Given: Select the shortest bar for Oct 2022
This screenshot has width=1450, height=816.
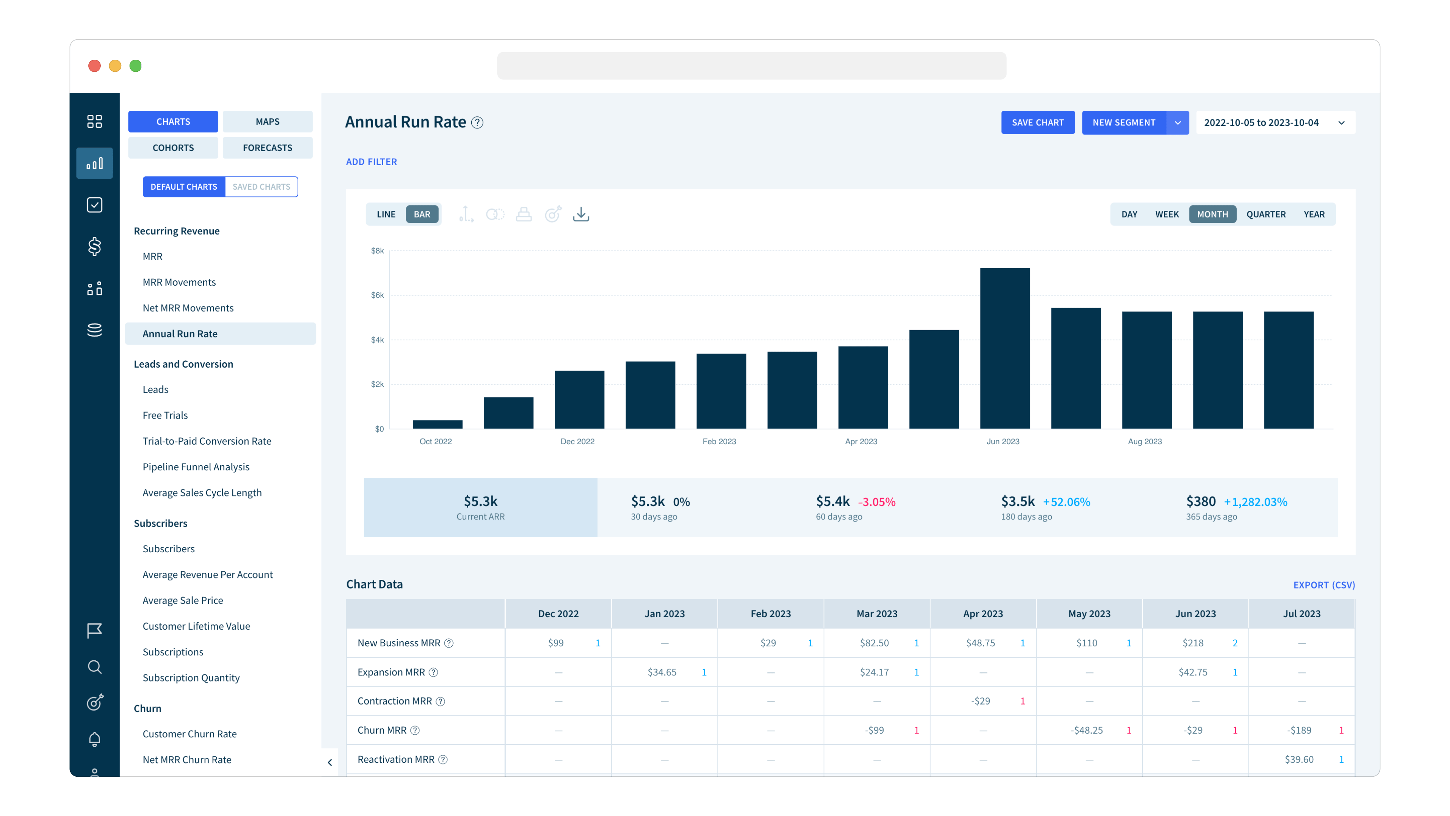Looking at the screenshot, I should (437, 424).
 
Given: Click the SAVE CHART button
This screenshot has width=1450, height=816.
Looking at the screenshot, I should (1037, 122).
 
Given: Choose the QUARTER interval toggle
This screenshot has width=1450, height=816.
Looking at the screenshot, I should (1265, 214).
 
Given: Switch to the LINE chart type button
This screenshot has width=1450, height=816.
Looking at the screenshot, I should (386, 214).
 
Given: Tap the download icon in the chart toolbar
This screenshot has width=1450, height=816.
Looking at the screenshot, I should (581, 214).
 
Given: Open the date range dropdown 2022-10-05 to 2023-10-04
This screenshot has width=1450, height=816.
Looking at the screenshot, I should (1274, 122).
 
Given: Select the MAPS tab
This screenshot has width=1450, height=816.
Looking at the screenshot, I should (267, 122).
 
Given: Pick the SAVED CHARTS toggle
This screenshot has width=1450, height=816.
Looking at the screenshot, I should (261, 186).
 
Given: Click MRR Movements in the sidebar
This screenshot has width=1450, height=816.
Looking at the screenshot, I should (179, 282).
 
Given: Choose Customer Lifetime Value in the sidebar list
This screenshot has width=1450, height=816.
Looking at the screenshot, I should (196, 626).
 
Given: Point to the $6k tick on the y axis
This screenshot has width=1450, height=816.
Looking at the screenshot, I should (377, 295).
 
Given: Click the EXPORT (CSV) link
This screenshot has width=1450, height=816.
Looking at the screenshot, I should (1324, 585).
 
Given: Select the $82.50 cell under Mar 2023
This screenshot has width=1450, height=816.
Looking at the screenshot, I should (874, 643).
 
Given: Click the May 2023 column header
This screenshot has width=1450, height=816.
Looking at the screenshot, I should (1089, 614).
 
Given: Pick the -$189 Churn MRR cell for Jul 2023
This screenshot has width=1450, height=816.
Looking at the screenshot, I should (1299, 730).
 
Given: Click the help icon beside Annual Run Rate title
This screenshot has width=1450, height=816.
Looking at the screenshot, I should (477, 123).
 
